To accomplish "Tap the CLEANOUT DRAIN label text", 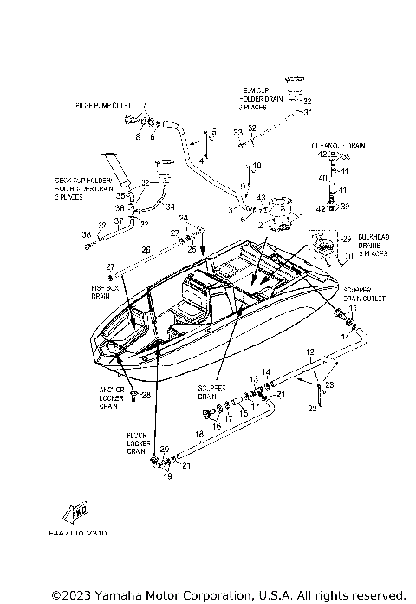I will click(x=333, y=147).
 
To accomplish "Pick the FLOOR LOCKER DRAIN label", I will click(x=136, y=444).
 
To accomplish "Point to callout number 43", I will click(x=261, y=198).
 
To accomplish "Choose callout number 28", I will click(x=146, y=396).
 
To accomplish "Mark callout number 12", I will click(x=309, y=351).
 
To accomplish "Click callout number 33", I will click(x=237, y=131).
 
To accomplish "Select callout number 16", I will click(x=217, y=427).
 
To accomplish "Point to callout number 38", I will click(x=87, y=233).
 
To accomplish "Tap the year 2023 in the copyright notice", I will click(x=70, y=594).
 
